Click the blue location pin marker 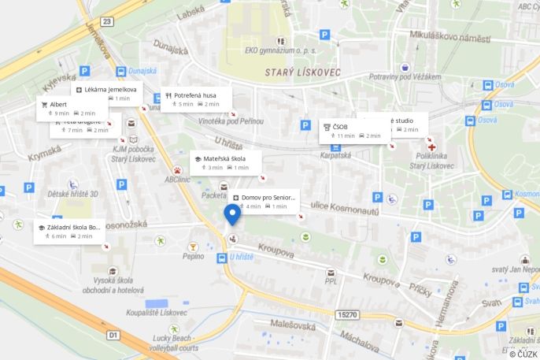tap(232, 214)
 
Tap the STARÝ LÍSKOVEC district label tap(293, 72)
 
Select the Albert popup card tap(66, 109)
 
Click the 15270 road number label tap(347, 314)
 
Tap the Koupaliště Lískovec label tap(157, 313)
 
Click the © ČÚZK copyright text tap(522, 354)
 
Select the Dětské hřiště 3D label tap(72, 194)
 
